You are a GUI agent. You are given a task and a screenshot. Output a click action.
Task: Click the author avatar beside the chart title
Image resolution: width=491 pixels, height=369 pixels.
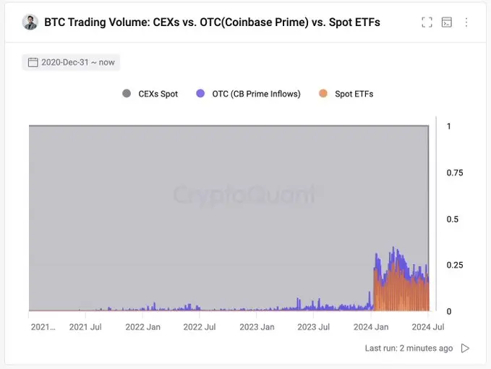pyautogui.click(x=30, y=22)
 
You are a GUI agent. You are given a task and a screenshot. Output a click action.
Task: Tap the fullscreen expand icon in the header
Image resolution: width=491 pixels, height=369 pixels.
pyautogui.click(x=427, y=22)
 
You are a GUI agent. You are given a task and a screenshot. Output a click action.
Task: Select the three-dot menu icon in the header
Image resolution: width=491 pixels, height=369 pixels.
pyautogui.click(x=466, y=22)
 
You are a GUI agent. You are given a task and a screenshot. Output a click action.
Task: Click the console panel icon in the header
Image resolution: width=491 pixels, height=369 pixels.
pyautogui.click(x=447, y=22)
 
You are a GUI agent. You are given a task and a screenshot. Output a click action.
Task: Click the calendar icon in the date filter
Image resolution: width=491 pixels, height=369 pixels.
pyautogui.click(x=33, y=62)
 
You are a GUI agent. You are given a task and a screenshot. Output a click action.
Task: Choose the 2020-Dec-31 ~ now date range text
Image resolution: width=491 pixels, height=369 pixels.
pyautogui.click(x=78, y=62)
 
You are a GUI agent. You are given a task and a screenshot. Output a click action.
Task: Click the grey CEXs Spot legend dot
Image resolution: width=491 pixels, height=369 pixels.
pyautogui.click(x=127, y=94)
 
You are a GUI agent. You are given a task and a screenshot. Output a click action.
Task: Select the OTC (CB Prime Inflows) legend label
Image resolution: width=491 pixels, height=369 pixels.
pyautogui.click(x=256, y=94)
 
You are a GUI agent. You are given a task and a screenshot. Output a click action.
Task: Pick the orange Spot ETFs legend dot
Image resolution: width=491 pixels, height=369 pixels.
pyautogui.click(x=323, y=94)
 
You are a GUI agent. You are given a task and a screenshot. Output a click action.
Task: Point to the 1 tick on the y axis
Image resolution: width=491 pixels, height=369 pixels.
pyautogui.click(x=449, y=126)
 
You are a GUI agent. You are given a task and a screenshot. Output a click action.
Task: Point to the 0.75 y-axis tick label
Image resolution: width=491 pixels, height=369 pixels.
pyautogui.click(x=455, y=172)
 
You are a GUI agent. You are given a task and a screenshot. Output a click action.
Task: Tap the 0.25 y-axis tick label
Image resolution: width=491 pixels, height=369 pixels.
pyautogui.click(x=455, y=265)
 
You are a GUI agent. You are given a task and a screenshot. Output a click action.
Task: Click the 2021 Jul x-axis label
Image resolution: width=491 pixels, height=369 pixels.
pyautogui.click(x=85, y=327)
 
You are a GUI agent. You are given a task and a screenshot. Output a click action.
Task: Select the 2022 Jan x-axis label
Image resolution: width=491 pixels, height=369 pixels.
pyautogui.click(x=142, y=327)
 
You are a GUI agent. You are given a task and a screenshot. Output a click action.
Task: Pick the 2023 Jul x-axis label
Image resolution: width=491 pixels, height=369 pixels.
pyautogui.click(x=313, y=327)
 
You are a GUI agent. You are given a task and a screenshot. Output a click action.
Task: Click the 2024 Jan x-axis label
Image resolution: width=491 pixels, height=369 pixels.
pyautogui.click(x=371, y=327)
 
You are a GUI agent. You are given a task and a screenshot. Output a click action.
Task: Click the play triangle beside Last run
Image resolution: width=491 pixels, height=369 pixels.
pyautogui.click(x=465, y=348)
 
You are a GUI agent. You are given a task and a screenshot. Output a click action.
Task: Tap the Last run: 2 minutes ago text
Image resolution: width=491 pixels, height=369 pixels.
pyautogui.click(x=409, y=348)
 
